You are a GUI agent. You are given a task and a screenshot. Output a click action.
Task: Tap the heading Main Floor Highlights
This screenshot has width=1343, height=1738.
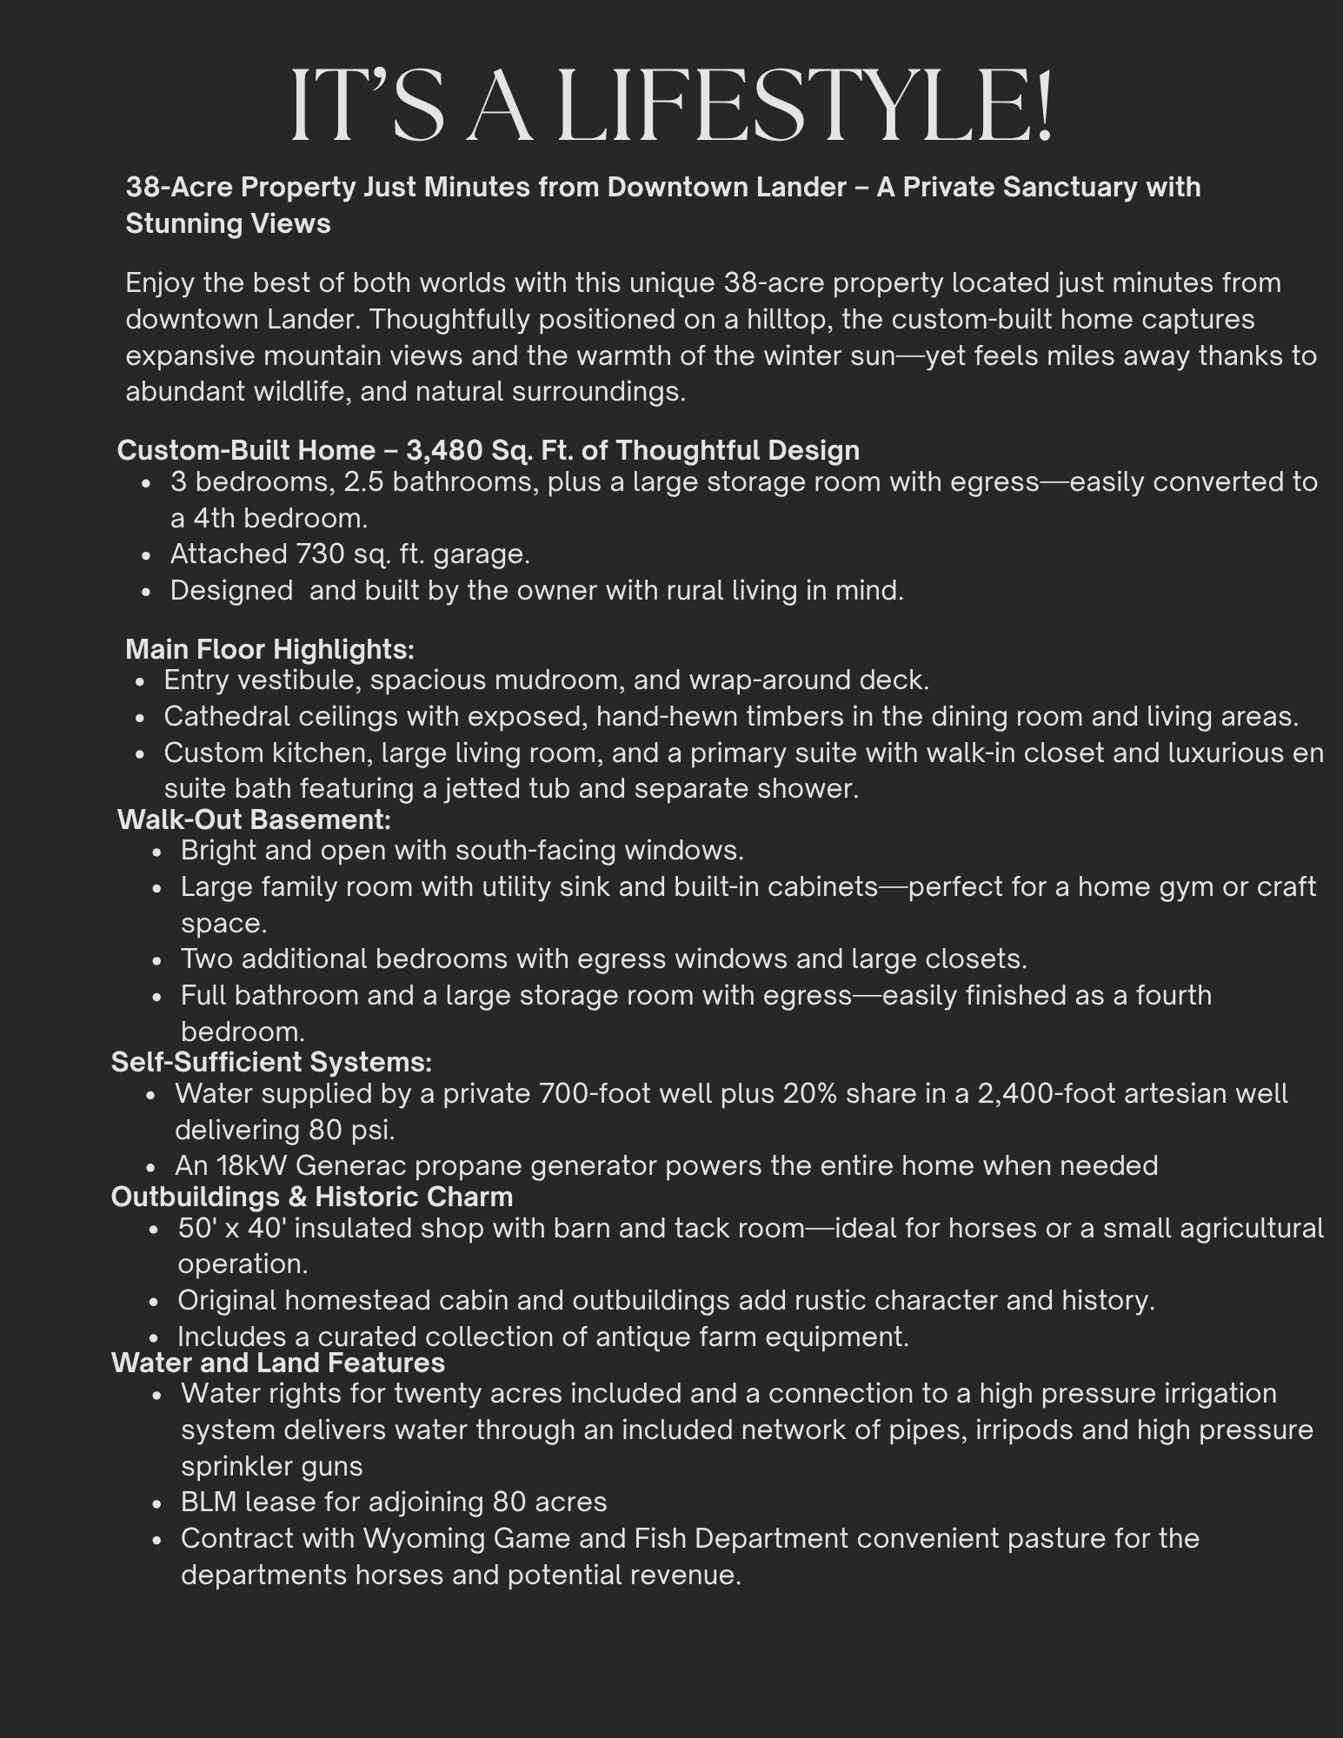[x=269, y=648]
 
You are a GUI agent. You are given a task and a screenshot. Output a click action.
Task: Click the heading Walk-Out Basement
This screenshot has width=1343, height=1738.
[x=254, y=819]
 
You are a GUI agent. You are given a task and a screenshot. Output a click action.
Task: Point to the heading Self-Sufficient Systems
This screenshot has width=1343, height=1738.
[x=271, y=1061]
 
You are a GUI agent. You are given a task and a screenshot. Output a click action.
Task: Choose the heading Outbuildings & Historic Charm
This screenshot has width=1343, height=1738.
[x=311, y=1197]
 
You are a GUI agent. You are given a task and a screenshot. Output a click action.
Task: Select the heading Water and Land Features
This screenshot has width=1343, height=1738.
[x=278, y=1362]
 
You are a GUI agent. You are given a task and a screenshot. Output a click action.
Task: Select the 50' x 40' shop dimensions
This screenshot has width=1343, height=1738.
[x=234, y=1228]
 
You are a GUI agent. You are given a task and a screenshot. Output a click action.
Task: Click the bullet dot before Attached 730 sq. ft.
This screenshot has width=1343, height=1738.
[x=151, y=555]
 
